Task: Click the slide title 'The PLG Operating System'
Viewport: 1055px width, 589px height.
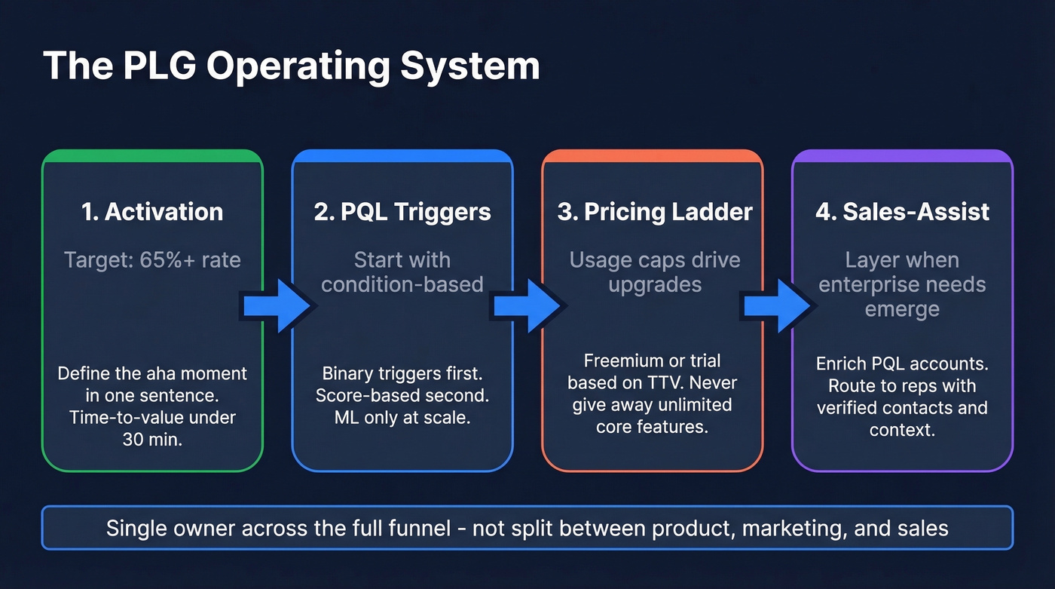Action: click(291, 66)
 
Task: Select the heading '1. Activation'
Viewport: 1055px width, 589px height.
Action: click(152, 212)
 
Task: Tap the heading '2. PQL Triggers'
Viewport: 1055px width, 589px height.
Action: click(402, 212)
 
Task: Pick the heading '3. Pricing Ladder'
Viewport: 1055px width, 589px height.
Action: click(654, 212)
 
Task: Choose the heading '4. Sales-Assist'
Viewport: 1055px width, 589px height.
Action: click(902, 212)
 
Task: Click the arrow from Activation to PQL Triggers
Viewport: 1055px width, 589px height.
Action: click(277, 305)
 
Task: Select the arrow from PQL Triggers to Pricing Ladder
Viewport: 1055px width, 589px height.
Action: click(527, 305)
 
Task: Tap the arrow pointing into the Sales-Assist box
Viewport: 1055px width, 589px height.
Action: click(778, 305)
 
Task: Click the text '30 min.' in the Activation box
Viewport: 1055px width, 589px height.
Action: click(152, 439)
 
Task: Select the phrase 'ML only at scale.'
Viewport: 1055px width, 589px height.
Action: click(402, 417)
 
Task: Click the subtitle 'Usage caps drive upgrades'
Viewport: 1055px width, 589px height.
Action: click(654, 272)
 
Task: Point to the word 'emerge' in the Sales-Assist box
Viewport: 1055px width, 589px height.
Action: click(902, 310)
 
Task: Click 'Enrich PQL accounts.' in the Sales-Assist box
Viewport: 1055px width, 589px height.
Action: click(902, 364)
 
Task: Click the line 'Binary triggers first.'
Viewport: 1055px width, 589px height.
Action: click(402, 373)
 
